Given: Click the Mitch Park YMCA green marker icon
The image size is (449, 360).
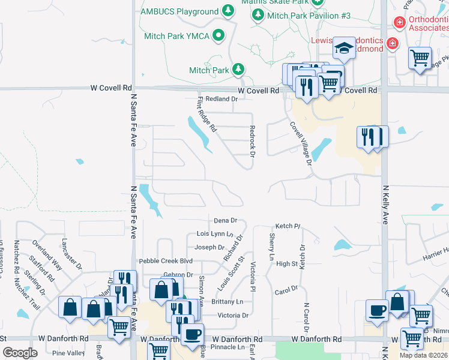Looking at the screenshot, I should pyautogui.click(x=219, y=36).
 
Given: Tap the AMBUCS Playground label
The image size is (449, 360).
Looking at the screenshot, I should pyautogui.click(x=179, y=11).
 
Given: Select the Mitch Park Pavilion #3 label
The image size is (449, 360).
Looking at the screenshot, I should pyautogui.click(x=309, y=15).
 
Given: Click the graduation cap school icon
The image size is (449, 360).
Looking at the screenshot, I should pyautogui.click(x=344, y=49).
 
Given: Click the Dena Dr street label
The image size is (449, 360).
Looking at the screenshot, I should pyautogui.click(x=226, y=221).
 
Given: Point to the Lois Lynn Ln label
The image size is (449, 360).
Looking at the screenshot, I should pyautogui.click(x=214, y=233).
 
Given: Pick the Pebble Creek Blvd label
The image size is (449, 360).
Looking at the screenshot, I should pyautogui.click(x=166, y=261).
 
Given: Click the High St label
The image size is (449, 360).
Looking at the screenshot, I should pyautogui.click(x=287, y=263).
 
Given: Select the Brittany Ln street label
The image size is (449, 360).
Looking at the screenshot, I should pyautogui.click(x=228, y=302).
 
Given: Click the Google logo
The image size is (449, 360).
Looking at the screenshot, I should pyautogui.click(x=20, y=353).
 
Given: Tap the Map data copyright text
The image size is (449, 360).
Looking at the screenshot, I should pyautogui.click(x=424, y=355).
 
